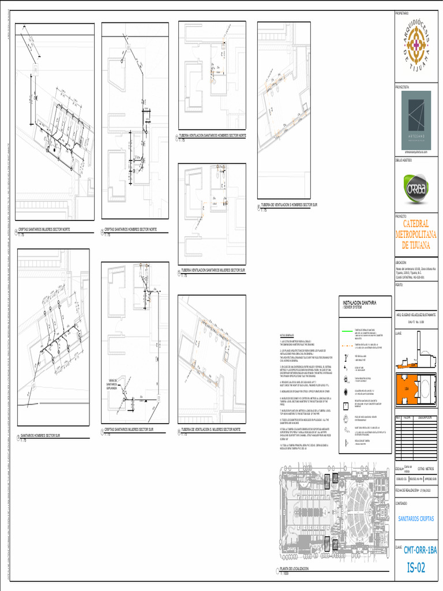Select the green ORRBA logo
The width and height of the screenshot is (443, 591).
415,189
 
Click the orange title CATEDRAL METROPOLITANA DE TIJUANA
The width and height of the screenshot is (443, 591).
415,234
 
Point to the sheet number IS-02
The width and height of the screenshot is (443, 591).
415,567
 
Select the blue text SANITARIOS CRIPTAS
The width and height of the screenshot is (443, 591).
416,519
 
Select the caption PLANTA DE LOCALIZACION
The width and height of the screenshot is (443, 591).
303,568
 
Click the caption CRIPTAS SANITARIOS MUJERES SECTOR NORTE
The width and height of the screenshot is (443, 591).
48,229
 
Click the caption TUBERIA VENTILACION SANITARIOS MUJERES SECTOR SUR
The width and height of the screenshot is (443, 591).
213,270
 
